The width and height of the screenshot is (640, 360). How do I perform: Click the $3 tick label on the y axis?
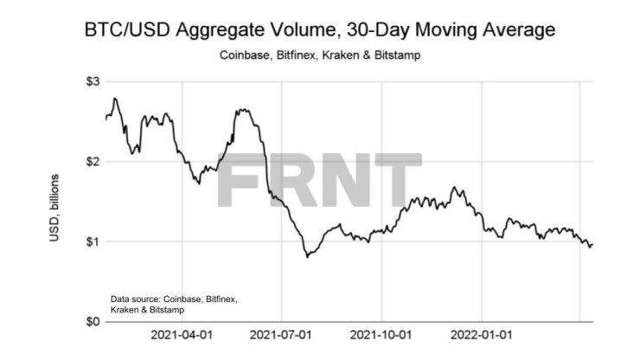tap(90, 81)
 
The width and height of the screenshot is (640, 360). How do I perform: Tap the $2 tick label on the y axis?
tap(90, 162)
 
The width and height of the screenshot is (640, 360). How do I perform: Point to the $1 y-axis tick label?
tap(90, 241)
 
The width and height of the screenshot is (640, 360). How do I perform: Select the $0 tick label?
tap(90, 321)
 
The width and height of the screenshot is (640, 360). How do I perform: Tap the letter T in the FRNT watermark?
tap(397, 182)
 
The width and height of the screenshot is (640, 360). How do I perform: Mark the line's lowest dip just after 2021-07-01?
tap(307, 257)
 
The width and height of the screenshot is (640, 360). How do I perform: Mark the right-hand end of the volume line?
tap(592, 245)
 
